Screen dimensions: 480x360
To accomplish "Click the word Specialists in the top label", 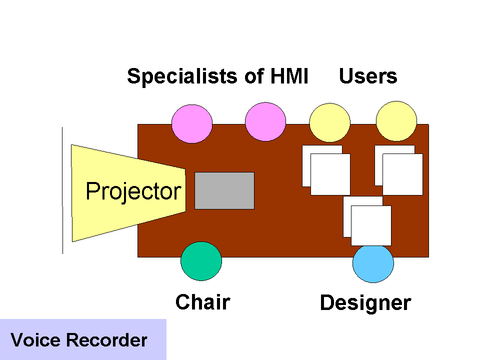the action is [182, 76].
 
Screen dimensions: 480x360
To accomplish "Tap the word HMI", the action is [289, 76].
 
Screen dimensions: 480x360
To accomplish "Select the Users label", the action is [368, 76].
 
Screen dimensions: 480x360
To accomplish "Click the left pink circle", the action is [192, 123].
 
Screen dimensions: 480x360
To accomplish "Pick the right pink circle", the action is [265, 122].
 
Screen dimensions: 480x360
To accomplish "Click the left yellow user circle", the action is [329, 122].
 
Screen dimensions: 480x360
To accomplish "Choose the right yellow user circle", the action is [396, 121].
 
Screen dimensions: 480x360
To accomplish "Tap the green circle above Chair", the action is [201, 261].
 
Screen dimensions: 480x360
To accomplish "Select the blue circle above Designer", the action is [373, 263].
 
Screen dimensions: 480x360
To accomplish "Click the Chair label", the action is [203, 302].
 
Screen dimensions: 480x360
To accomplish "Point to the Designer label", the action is [365, 303].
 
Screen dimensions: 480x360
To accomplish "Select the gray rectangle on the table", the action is [224, 190].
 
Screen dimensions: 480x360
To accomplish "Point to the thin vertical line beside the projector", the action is [62, 190].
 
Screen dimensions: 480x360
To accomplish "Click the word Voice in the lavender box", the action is [35, 340].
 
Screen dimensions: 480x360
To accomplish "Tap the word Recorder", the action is [107, 340].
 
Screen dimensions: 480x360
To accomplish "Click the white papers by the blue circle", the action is [367, 221].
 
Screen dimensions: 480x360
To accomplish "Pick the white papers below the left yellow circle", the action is [326, 170].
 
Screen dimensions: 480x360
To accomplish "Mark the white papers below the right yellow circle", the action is [399, 170].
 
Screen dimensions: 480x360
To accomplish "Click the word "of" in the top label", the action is [254, 76].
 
